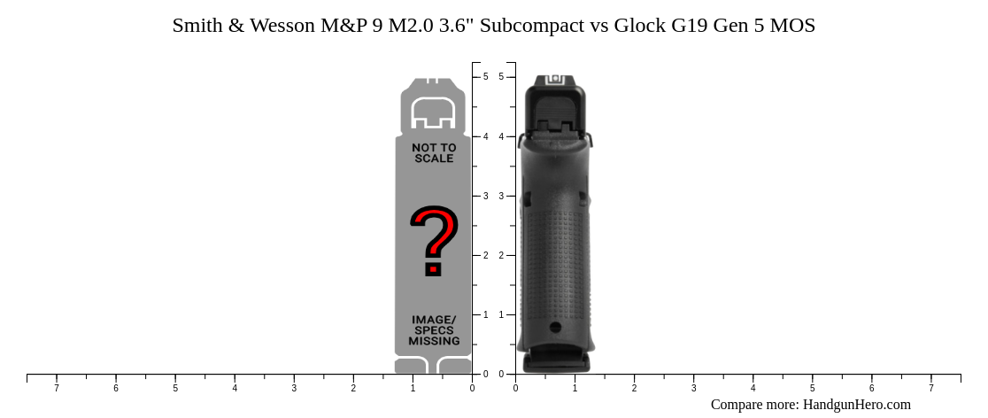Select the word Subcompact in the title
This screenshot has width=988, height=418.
[533, 25]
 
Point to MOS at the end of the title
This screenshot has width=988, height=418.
[792, 25]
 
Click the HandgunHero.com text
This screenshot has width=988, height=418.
[856, 405]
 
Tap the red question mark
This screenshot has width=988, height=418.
[434, 241]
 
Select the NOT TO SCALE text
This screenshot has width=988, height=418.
[434, 153]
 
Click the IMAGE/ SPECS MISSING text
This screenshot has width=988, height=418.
[434, 330]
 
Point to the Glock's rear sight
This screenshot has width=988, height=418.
[556, 80]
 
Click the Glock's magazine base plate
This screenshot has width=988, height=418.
[556, 362]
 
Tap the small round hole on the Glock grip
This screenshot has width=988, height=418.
[555, 328]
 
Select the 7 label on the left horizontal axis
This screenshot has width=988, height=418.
[57, 388]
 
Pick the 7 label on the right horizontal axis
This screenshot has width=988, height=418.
[930, 388]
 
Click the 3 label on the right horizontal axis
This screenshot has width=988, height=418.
[693, 388]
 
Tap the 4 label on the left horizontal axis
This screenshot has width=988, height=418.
[235, 388]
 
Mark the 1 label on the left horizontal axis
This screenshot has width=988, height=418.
[413, 388]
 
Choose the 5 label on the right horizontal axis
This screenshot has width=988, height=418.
[812, 388]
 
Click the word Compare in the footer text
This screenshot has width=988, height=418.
[737, 405]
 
